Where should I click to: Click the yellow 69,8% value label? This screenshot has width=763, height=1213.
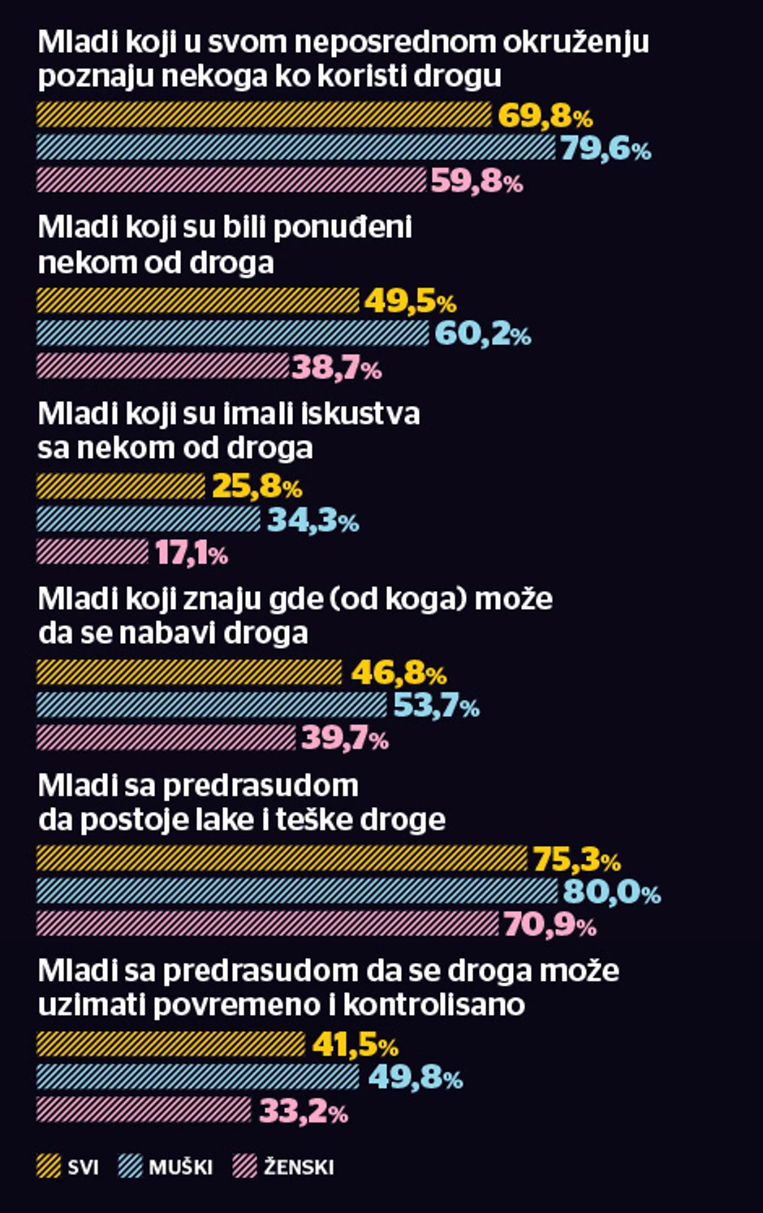tap(545, 116)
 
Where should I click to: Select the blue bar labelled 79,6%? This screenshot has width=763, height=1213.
tap(295, 148)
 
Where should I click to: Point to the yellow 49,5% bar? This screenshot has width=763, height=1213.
tap(198, 301)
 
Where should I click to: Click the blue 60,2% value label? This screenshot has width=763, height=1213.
tap(483, 334)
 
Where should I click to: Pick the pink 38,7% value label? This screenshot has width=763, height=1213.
tap(337, 368)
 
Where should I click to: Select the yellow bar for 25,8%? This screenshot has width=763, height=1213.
tap(121, 486)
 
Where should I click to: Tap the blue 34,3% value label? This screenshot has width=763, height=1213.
tap(313, 520)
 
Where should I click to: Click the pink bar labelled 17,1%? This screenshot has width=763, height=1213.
tap(93, 553)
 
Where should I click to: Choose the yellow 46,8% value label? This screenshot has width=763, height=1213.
tap(399, 673)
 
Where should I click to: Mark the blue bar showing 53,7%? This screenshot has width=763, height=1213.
tap(212, 705)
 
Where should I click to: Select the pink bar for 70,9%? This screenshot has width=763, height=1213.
tap(268, 924)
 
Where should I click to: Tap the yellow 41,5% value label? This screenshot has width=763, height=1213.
tap(355, 1045)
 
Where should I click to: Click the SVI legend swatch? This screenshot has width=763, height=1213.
tap(49, 1167)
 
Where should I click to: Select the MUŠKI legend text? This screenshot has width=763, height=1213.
tap(180, 1168)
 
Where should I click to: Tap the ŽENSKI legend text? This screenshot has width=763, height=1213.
tap(299, 1168)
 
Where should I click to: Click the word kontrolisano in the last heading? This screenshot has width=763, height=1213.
tap(433, 1004)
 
